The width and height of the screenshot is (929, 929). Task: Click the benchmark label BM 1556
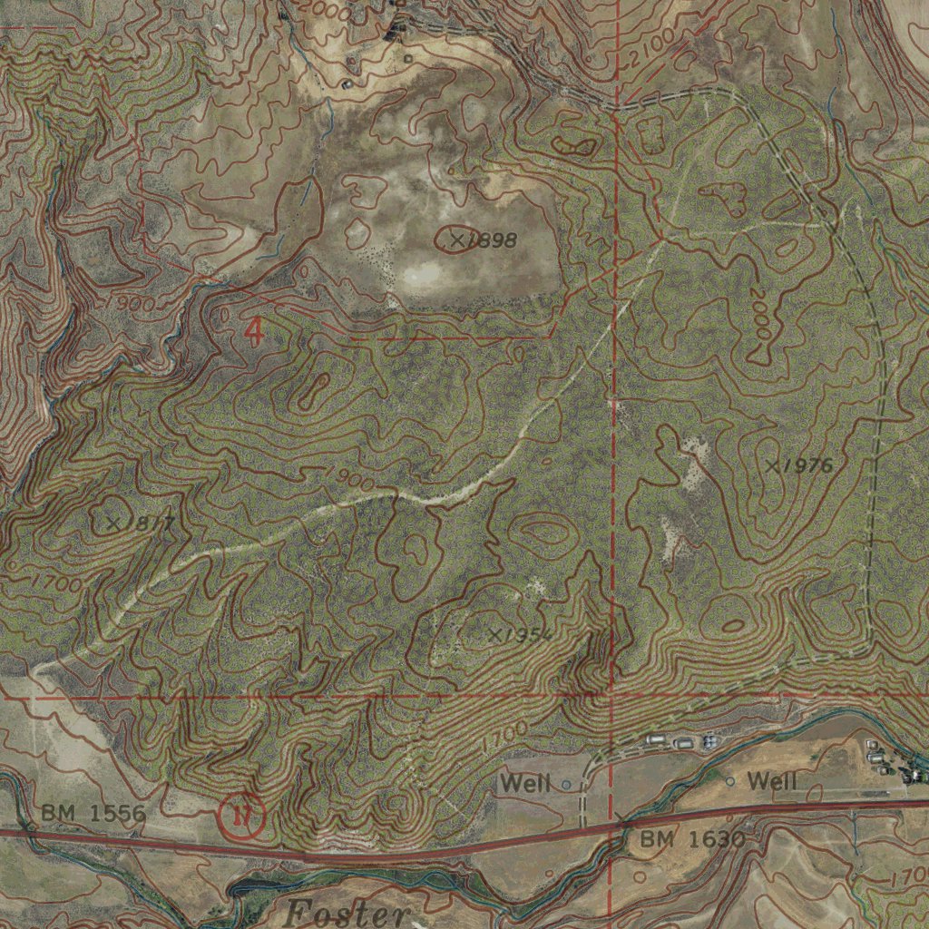click(x=93, y=813)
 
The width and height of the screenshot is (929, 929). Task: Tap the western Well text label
click(x=527, y=783)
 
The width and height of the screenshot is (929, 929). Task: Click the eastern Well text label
click(x=772, y=780)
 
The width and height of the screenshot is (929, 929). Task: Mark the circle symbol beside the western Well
click(x=567, y=785)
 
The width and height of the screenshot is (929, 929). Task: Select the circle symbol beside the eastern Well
click(x=730, y=780)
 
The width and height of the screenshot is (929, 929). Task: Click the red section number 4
click(x=254, y=332)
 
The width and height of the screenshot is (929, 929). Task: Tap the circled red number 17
click(x=241, y=817)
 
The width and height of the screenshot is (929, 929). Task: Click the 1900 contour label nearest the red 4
click(x=134, y=302)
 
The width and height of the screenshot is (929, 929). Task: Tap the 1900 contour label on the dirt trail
click(x=348, y=480)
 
